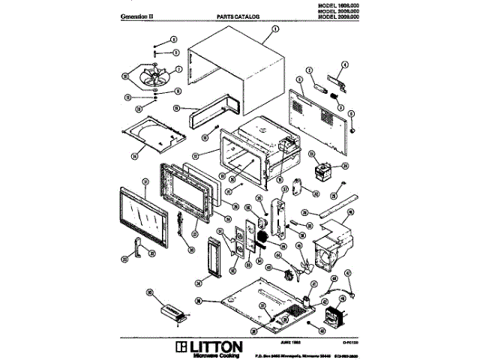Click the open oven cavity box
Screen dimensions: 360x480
tap(248, 154)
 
